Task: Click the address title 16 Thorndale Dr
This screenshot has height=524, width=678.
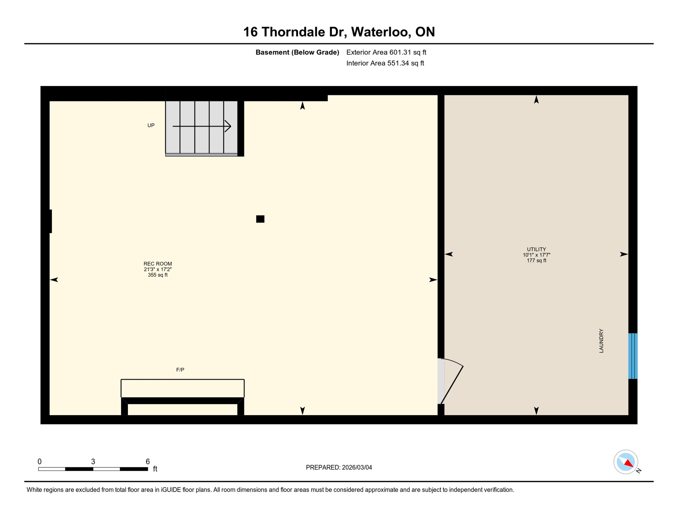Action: [x=339, y=32]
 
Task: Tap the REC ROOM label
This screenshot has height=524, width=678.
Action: [x=158, y=264]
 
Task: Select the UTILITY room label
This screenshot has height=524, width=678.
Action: [x=536, y=249]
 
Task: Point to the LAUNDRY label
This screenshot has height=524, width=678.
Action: [x=601, y=341]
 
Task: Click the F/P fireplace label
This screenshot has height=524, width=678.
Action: [x=180, y=370]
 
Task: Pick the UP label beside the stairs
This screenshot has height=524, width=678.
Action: [x=151, y=126]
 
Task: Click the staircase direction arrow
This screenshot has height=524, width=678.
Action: [x=202, y=126]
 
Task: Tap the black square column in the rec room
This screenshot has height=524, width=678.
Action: [x=260, y=219]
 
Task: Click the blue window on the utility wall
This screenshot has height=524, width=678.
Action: [x=633, y=356]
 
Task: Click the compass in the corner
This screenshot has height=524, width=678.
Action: [x=626, y=462]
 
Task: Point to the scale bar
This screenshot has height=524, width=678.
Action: [x=93, y=469]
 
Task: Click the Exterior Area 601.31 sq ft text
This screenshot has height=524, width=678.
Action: [x=386, y=52]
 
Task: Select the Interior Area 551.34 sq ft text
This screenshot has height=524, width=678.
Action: [x=385, y=63]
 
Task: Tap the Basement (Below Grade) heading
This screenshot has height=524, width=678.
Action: [x=297, y=52]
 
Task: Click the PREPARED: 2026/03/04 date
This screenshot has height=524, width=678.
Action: [x=339, y=467]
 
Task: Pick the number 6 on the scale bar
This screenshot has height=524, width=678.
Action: [x=148, y=462]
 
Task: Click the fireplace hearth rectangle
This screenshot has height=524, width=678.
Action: [x=182, y=388]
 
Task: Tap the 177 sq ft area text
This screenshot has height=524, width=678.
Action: [x=536, y=261]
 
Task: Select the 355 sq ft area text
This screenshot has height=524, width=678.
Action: [x=158, y=275]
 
